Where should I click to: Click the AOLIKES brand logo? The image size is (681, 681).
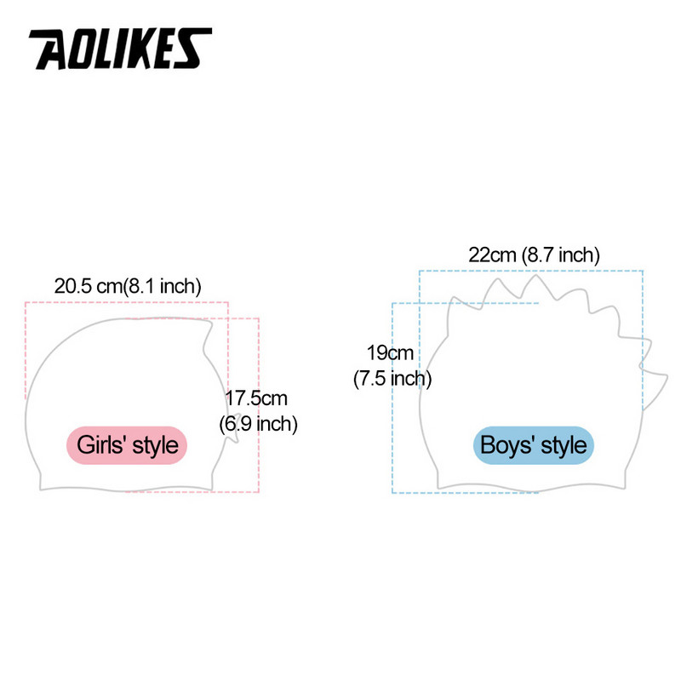[x=120, y=50]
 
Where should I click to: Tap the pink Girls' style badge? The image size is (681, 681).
[x=127, y=444]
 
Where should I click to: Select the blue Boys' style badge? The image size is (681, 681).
[x=533, y=444]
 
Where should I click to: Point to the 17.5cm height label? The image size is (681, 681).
[x=256, y=398]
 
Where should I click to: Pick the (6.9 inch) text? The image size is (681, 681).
[x=258, y=422]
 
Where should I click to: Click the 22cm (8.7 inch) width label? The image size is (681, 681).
[x=534, y=255]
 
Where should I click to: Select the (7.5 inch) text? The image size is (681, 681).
[x=392, y=378]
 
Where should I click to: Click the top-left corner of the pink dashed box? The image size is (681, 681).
[x=26, y=302]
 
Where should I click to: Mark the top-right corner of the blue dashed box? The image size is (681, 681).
[x=643, y=271]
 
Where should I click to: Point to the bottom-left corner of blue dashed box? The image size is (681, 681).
[x=392, y=493]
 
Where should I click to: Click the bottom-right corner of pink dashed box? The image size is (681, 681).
[x=259, y=491]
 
